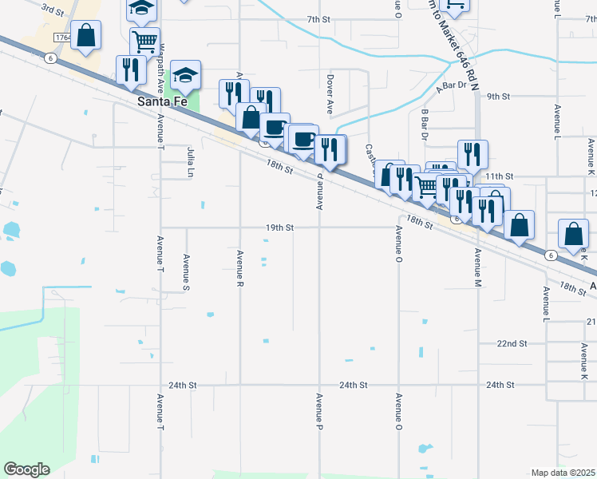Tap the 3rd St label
[x=53, y=10]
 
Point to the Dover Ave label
[x=330, y=93]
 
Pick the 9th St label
[x=498, y=96]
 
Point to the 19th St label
[x=280, y=228]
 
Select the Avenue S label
[x=186, y=271]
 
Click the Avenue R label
[x=239, y=267]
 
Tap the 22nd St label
[x=512, y=343]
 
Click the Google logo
[x=26, y=469]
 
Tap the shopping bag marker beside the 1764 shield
[x=87, y=37]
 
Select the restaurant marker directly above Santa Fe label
[x=130, y=69]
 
